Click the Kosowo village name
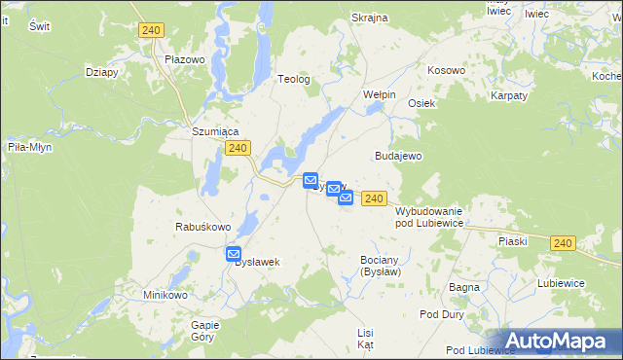pos(447,71)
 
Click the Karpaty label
pos(509,95)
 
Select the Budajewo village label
pos(397,156)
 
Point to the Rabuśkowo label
pos(202,227)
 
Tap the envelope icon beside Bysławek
pos(234,254)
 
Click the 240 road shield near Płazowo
pos(150,30)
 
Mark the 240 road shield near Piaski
pos(562,242)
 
